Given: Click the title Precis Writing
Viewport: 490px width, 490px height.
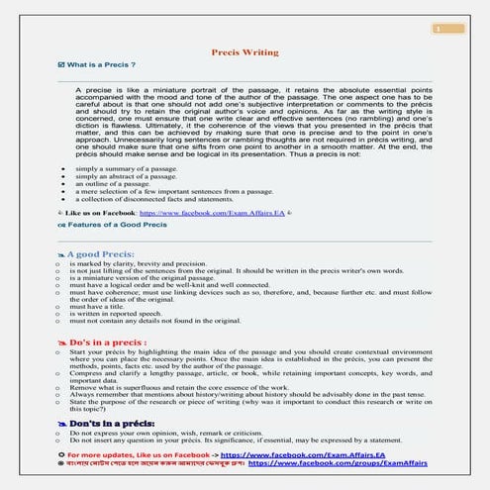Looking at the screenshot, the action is pyautogui.click(x=245, y=49).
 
